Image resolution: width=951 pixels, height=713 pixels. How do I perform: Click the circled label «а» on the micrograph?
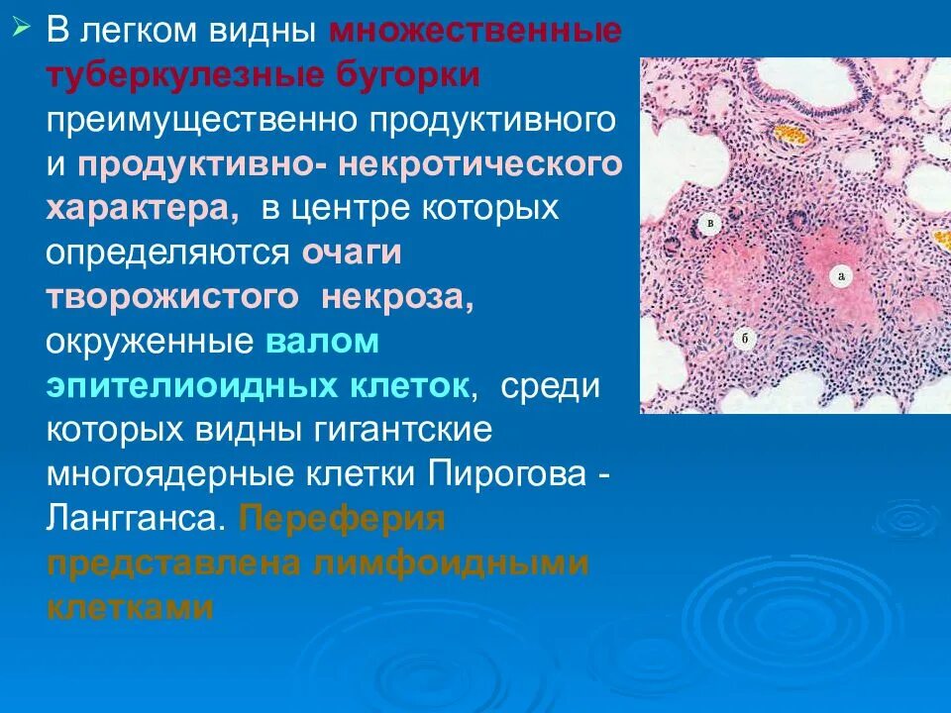pos(840,276)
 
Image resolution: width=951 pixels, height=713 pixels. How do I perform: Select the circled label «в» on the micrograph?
pos(709,224)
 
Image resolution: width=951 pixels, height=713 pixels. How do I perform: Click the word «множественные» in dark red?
pos(475,31)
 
